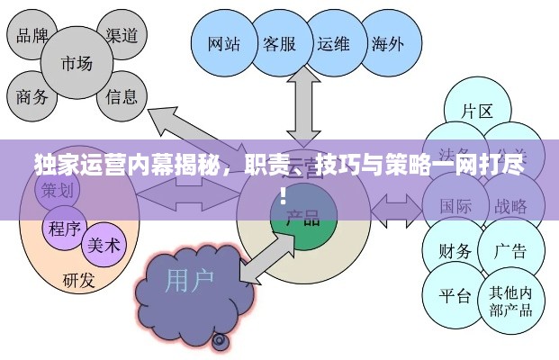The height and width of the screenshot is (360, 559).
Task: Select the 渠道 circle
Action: [x=121, y=35]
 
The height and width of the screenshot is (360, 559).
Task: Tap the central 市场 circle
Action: [x=77, y=64]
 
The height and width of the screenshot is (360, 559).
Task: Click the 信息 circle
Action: [x=122, y=95]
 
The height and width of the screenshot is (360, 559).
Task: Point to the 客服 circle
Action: [x=279, y=43]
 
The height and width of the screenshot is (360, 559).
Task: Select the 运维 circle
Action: [x=333, y=43]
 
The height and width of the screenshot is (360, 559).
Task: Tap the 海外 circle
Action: [x=387, y=43]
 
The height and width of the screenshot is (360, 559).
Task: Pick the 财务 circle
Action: [x=455, y=250]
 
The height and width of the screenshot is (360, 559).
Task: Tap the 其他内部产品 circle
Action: [x=510, y=301]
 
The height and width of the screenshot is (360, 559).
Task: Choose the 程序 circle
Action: [x=65, y=227]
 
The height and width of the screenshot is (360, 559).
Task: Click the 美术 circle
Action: [x=105, y=245]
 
